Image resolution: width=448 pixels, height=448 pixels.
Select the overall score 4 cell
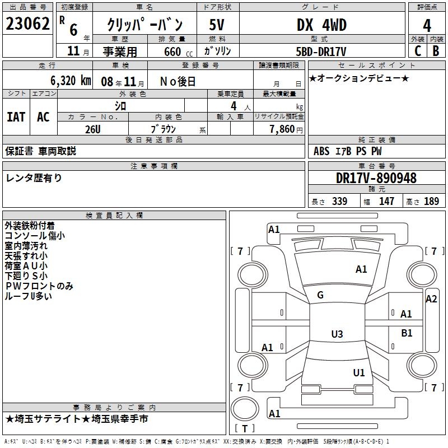[x=427, y=25]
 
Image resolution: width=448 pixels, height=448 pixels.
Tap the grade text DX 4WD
[x=321, y=25]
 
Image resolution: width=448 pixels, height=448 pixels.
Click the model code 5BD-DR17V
[x=321, y=51]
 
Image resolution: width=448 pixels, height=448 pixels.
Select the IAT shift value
[x=16, y=116]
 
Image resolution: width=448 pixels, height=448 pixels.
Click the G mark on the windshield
[x=320, y=295]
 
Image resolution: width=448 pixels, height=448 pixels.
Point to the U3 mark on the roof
[x=337, y=334]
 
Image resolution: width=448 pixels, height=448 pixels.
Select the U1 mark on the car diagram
[x=359, y=372]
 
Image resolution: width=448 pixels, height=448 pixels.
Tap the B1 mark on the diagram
[x=407, y=333]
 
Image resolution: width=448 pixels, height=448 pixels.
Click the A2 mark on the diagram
[x=431, y=299]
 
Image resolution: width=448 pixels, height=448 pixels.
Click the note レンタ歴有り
[x=34, y=178]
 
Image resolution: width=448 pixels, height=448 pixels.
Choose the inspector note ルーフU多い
[x=29, y=296]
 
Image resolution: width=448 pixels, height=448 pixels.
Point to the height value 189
[x=432, y=202]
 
